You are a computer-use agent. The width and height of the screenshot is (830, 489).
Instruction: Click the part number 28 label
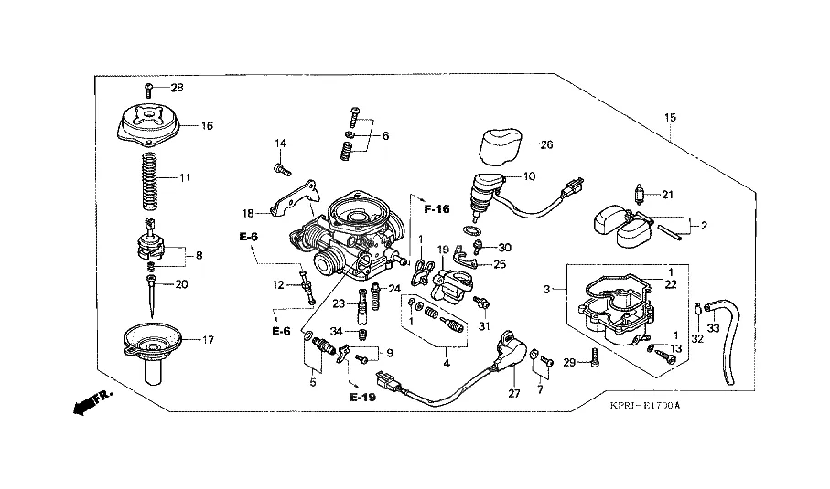coord(177,88)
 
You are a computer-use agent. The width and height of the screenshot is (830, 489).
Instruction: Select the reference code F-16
coord(437,210)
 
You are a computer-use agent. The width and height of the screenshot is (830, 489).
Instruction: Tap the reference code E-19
coord(363,398)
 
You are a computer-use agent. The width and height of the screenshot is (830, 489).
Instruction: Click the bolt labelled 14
coord(281,168)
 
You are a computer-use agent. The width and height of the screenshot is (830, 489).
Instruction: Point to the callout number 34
coord(335,331)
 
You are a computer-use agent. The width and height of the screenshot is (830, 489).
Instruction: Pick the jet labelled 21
coord(642,194)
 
